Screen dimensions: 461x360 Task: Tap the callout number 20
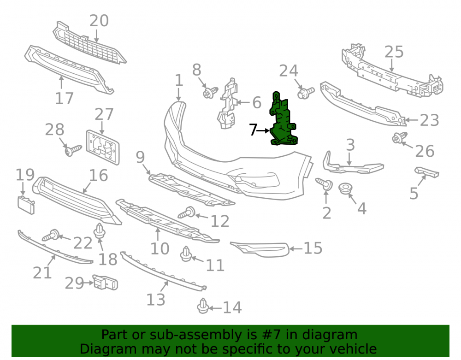(x=99, y=21)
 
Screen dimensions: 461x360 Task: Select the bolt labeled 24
(x=306, y=93)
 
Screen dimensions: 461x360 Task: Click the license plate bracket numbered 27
(x=103, y=147)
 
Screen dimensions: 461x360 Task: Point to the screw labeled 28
(x=73, y=150)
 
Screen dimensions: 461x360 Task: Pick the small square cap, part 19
(x=26, y=205)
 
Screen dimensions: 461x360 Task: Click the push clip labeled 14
(x=203, y=306)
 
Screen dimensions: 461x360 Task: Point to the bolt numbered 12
(x=187, y=212)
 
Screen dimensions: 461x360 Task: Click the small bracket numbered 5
(x=427, y=172)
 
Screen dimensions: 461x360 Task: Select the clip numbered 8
(x=210, y=92)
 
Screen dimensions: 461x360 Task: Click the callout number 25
(x=394, y=52)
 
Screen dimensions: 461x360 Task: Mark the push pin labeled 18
(x=100, y=230)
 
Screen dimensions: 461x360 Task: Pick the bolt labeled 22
(x=51, y=235)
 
